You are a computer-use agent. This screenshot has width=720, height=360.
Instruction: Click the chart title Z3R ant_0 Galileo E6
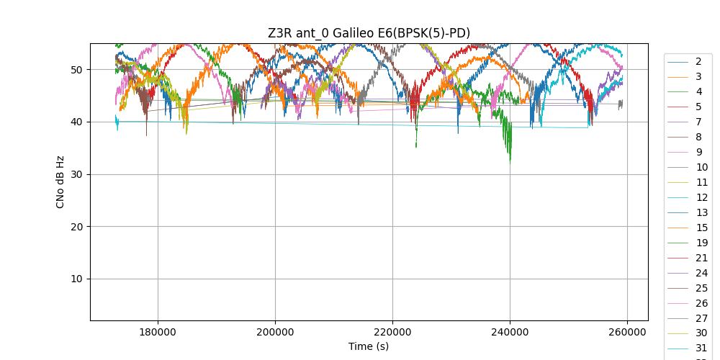(x=369, y=32)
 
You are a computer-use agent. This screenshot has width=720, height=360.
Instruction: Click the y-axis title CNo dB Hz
(x=60, y=182)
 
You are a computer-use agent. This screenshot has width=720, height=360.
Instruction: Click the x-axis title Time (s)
(x=369, y=346)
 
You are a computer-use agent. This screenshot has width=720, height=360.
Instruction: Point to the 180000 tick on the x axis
(x=158, y=332)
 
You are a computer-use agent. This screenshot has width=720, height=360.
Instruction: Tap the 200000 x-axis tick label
(x=275, y=332)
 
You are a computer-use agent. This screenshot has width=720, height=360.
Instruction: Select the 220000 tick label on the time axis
(x=392, y=332)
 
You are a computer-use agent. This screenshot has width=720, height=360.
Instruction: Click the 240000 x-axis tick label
(x=510, y=332)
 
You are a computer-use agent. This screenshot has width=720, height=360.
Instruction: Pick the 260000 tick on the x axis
(x=627, y=332)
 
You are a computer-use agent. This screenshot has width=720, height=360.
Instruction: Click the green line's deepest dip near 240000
(x=510, y=162)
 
